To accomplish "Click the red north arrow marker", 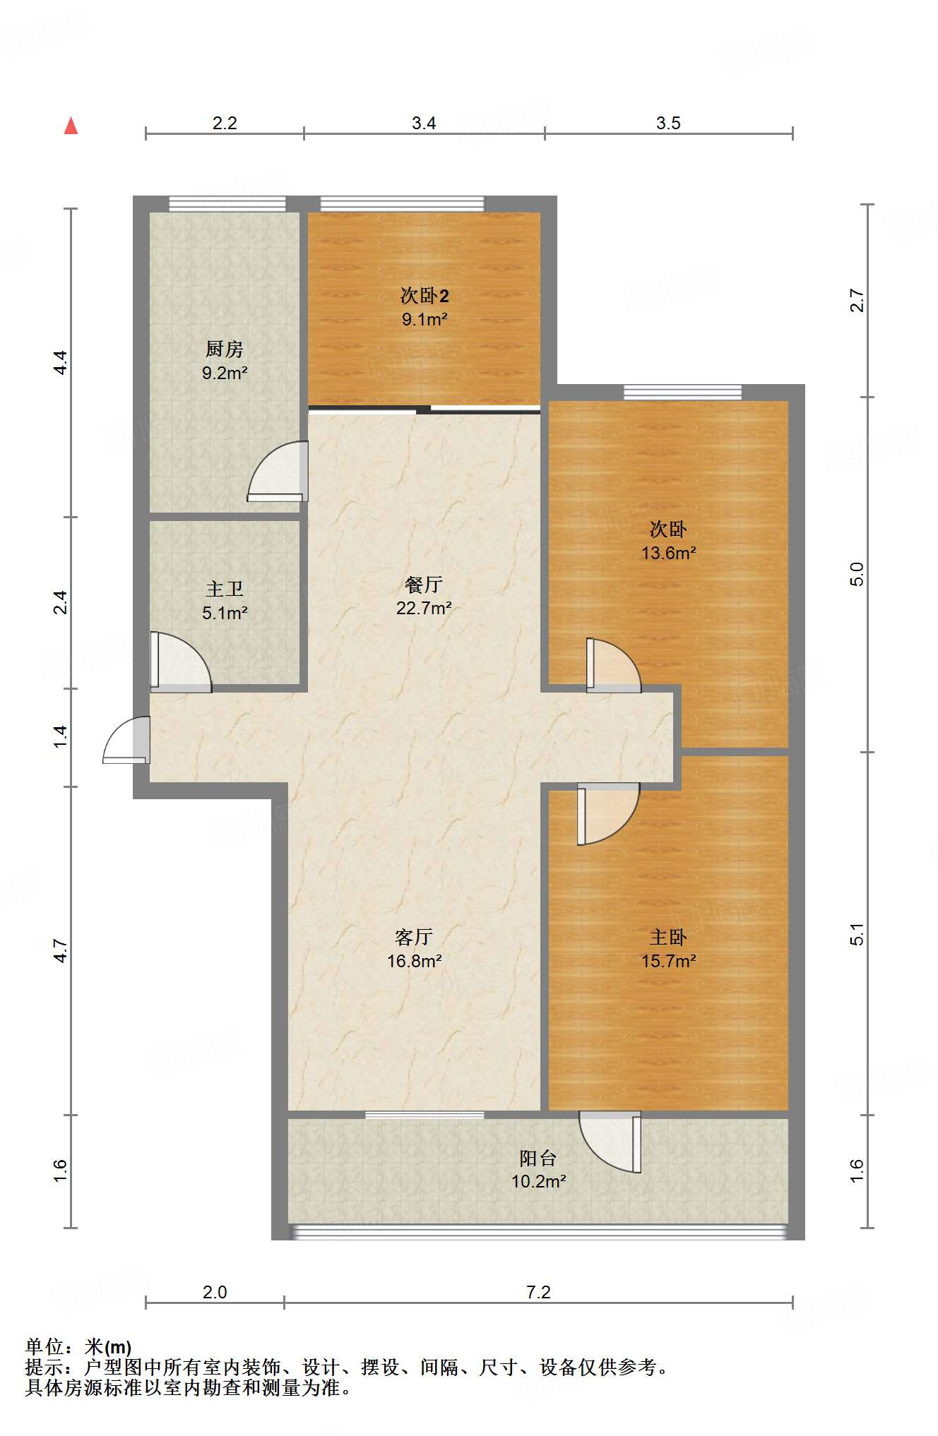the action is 71,126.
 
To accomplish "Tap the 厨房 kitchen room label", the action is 225,349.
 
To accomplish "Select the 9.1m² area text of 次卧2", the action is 425,319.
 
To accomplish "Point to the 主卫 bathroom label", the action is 225,589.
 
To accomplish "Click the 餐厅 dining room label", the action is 424,585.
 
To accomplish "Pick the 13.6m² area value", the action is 668,553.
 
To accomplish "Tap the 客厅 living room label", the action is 414,937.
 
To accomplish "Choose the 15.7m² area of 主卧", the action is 668,961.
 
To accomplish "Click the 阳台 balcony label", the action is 538,1158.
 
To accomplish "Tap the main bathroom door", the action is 181,662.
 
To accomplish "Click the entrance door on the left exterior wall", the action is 126,740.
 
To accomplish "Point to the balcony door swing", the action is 610,1142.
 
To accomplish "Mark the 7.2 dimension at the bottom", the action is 538,1292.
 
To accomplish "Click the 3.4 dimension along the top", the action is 424,123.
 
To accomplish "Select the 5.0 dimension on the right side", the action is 857,574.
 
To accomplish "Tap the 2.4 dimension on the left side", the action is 61,602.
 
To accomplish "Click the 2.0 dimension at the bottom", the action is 215,1292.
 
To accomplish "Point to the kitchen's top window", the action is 227,204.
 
